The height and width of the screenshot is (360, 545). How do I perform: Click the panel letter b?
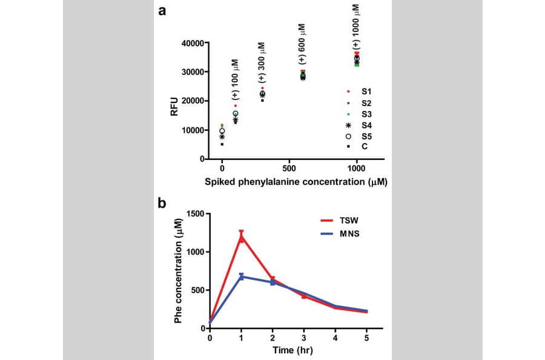[163, 203]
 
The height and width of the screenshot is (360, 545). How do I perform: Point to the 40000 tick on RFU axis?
[195, 43]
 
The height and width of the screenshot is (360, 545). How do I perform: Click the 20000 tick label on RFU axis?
[195, 101]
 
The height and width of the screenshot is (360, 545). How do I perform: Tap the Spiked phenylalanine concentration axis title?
[296, 181]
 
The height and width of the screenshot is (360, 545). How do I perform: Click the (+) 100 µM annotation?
[236, 79]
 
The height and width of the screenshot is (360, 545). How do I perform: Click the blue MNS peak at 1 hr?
[241, 276]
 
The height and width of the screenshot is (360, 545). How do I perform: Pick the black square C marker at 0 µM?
[222, 144]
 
